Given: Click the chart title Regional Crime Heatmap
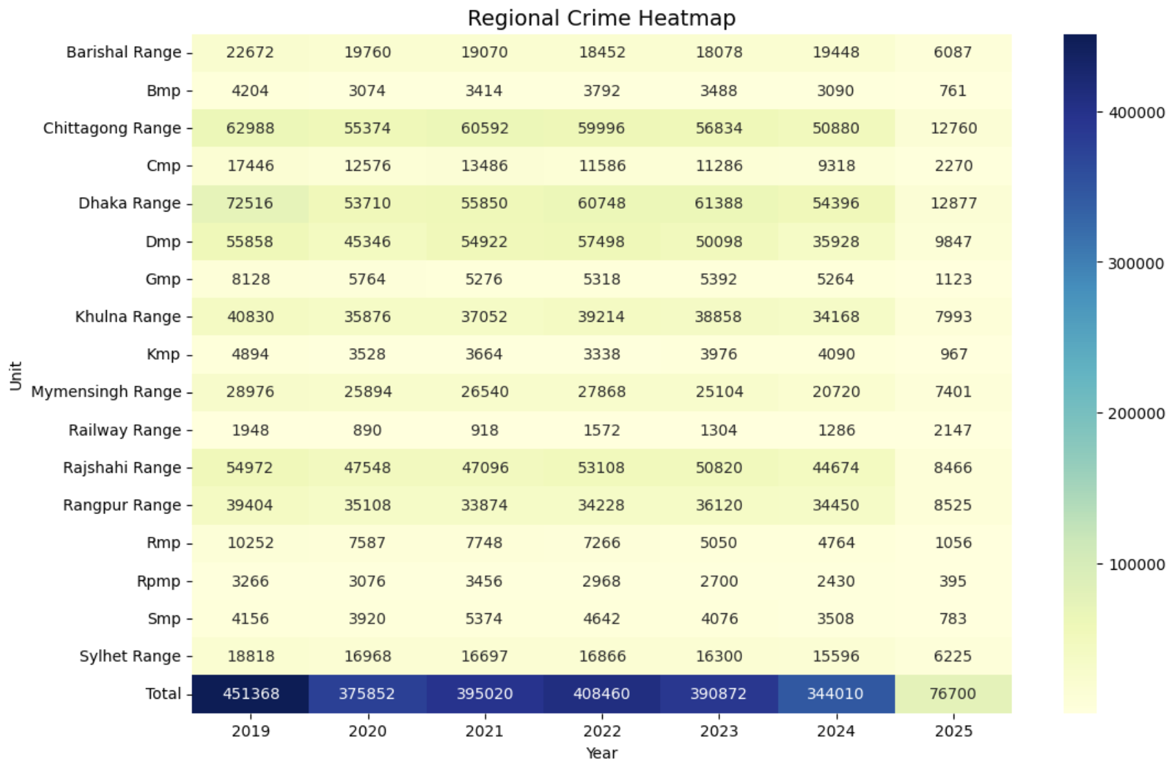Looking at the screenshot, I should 601,18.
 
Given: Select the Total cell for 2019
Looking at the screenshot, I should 250,694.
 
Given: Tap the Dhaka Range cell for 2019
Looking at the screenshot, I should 250,203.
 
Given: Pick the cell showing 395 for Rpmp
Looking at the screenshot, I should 953,581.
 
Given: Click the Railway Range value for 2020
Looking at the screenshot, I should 367,430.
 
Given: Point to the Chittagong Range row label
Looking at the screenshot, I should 112,128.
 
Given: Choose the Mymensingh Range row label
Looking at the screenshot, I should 106,392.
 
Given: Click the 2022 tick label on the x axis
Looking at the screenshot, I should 601,731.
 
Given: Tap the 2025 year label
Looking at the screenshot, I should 953,731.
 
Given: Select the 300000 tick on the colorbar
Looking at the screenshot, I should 1136,263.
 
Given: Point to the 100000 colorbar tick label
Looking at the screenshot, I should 1136,564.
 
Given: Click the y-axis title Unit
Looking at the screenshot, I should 16,376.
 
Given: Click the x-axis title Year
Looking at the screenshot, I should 601,753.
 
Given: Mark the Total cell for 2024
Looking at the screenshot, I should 836,694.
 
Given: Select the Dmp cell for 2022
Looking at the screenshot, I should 601,242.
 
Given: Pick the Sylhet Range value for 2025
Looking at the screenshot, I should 953,656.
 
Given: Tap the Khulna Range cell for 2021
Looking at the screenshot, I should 484,317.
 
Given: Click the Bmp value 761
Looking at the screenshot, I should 953,91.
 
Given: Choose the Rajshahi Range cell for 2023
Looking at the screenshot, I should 719,468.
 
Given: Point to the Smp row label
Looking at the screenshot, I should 164,619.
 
